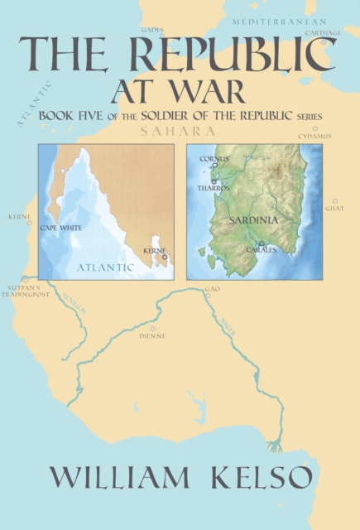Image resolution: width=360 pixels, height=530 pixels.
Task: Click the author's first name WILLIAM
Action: (x=110, y=479)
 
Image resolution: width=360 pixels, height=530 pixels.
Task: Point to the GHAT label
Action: (x=334, y=208)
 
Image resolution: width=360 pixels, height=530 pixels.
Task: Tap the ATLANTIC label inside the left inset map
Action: (x=105, y=267)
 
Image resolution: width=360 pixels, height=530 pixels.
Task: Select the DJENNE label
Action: (x=152, y=336)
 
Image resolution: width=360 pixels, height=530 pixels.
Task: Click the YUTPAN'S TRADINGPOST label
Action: (x=31, y=291)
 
